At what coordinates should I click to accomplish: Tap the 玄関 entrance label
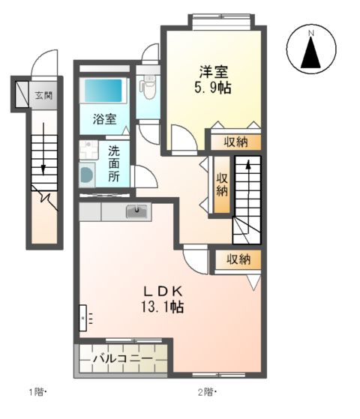pos(43,95)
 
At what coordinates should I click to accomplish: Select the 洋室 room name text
pos(214,72)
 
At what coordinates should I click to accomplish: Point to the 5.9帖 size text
pos(214,87)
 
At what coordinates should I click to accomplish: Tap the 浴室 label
pos(104,118)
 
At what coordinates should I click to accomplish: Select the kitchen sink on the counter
pos(137,211)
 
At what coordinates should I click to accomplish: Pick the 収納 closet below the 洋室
pos(235,142)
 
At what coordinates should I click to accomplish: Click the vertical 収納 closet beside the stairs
pos(222,184)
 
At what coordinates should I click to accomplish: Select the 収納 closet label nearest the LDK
pos(238,259)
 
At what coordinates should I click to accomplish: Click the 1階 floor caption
pos(37,391)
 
